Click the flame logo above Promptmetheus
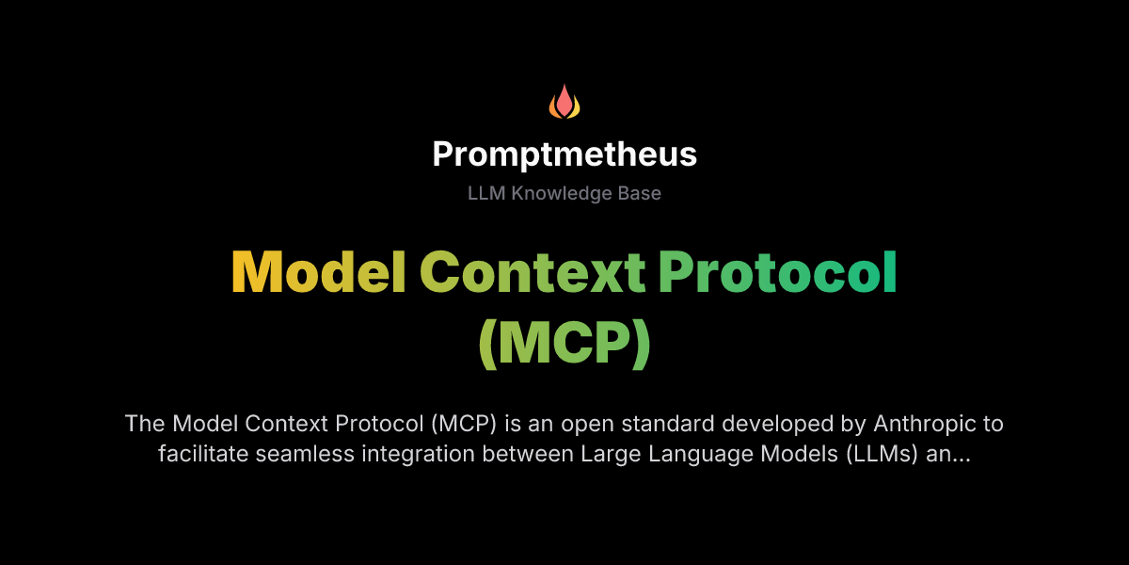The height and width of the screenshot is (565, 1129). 564,102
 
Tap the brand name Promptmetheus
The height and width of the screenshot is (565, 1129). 564,154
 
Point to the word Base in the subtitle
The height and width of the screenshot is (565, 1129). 640,193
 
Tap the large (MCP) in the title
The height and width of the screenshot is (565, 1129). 564,344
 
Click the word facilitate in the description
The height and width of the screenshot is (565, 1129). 203,454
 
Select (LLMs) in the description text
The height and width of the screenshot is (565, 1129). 877,454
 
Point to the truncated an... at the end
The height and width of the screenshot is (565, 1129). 950,454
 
